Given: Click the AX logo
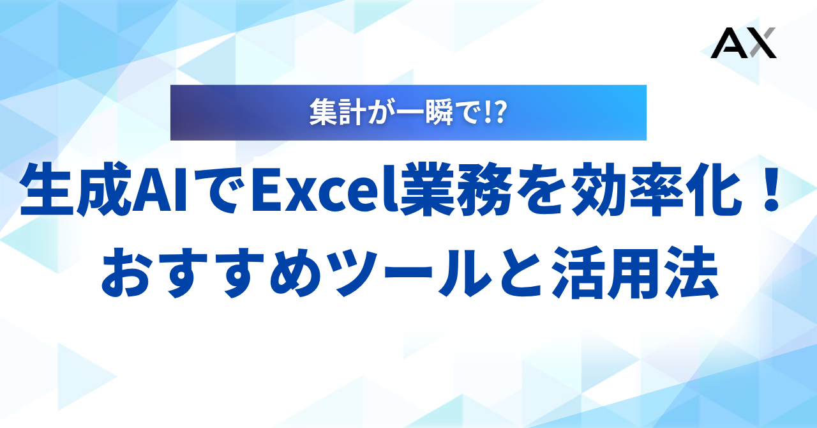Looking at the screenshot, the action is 744,43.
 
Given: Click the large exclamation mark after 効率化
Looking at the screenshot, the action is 771,190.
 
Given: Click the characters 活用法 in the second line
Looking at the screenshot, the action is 635,272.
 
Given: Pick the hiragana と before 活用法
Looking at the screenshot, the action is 520,272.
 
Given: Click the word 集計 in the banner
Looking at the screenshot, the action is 338,112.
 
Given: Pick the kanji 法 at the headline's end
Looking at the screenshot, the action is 691,272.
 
